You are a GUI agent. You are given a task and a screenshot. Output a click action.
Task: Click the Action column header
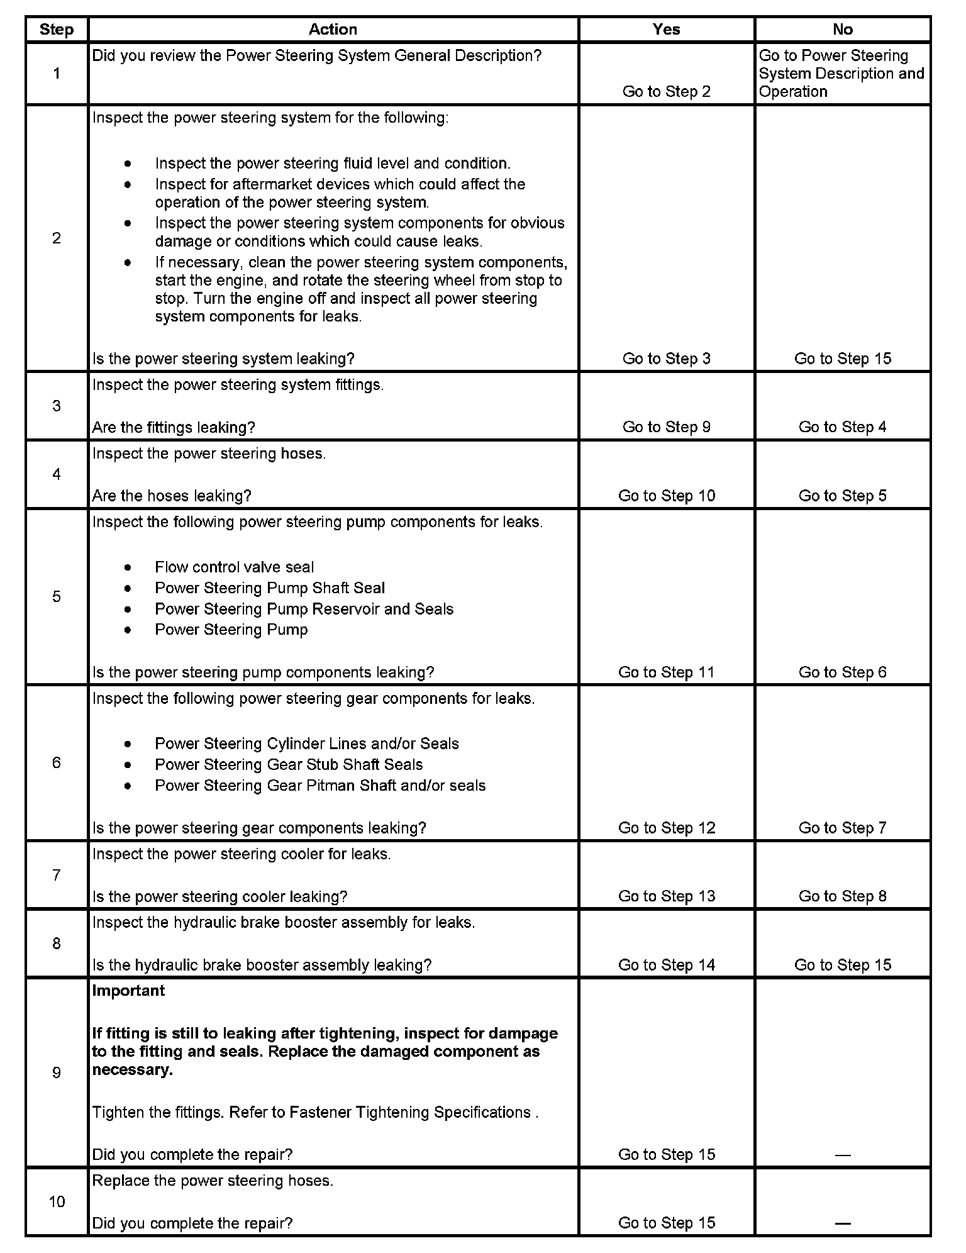(x=333, y=30)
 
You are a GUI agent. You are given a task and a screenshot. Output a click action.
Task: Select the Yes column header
(x=666, y=30)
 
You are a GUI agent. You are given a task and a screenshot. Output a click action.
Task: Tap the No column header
(x=842, y=30)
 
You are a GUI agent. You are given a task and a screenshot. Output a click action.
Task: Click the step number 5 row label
(x=57, y=596)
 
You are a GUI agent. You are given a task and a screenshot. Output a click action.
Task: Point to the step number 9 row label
(x=57, y=1072)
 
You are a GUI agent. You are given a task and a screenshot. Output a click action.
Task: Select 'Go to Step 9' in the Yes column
(x=666, y=427)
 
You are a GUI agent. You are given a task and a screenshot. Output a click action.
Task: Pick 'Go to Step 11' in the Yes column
(x=666, y=672)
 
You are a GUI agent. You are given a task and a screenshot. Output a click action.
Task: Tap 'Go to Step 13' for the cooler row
(x=666, y=896)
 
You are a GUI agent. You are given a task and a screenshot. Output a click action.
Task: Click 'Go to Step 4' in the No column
(x=842, y=427)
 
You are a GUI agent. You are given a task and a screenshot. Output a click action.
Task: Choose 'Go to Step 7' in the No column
(x=842, y=828)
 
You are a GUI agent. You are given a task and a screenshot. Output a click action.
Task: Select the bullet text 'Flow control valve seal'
(x=234, y=567)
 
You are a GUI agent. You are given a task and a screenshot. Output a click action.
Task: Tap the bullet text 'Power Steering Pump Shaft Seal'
(x=270, y=588)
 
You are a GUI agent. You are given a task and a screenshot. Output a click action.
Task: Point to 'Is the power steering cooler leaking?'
(x=219, y=896)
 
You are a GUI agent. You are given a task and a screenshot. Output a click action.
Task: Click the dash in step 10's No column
(x=842, y=1223)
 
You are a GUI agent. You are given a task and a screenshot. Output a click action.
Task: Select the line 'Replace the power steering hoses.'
(x=213, y=1181)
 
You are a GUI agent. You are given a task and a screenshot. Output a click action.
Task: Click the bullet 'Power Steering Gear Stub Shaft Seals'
(x=289, y=765)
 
